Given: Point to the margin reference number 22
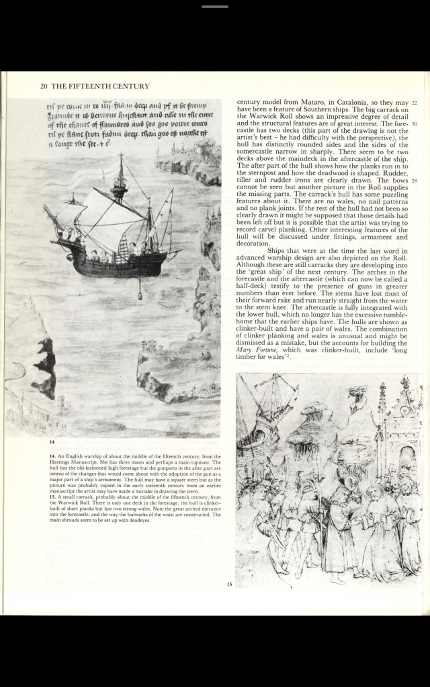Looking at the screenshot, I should click(x=415, y=103).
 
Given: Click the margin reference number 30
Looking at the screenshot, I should click(x=415, y=125).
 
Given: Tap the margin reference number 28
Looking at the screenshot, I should click(x=415, y=180).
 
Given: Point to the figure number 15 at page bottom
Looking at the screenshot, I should click(x=229, y=585).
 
